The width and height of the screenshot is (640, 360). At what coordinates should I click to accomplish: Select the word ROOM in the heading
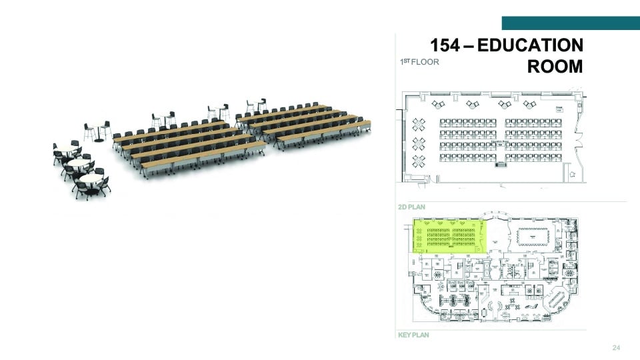point(555,67)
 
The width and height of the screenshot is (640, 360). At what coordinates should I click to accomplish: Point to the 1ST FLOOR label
point(419,62)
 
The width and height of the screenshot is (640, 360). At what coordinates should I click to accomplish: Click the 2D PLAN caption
point(411,207)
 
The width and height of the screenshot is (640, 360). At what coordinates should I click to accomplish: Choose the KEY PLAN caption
point(413,335)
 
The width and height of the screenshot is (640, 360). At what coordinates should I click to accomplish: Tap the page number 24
point(615,349)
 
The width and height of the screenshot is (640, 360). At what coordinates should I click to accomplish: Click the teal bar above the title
point(570,23)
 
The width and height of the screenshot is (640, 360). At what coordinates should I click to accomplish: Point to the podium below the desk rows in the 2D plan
point(501,165)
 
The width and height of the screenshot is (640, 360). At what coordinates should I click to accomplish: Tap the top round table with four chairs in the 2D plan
point(419,123)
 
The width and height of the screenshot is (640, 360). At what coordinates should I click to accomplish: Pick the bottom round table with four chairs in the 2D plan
point(419,160)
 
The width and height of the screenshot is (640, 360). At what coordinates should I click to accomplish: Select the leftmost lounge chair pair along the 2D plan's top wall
point(438,104)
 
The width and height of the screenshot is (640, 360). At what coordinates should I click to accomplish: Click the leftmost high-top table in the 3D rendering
point(98,130)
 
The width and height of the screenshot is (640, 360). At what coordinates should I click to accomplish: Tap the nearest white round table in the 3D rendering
point(91,181)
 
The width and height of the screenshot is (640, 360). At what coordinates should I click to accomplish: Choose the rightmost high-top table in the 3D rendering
point(256,107)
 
